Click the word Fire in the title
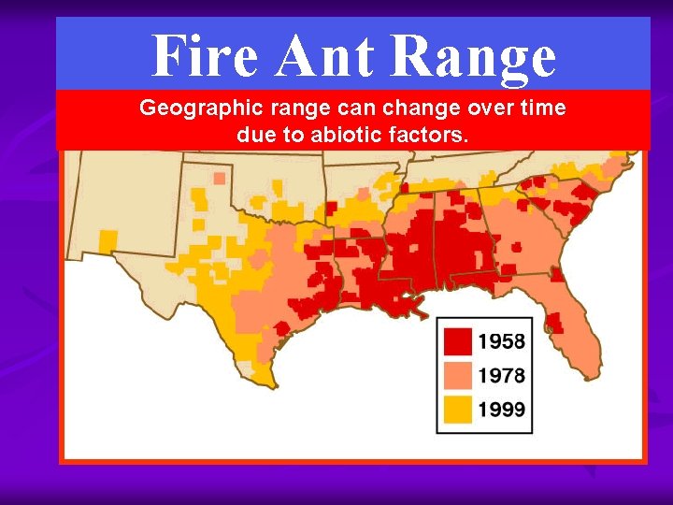[x=204, y=55]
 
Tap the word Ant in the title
[x=323, y=55]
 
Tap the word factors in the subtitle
[x=432, y=135]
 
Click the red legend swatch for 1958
[x=457, y=341]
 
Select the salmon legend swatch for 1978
[x=457, y=375]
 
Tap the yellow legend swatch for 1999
[x=457, y=408]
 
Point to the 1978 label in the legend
[x=501, y=376]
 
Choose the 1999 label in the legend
[x=501, y=409]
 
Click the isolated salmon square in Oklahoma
[x=219, y=177]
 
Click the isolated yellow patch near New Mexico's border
[x=107, y=239]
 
